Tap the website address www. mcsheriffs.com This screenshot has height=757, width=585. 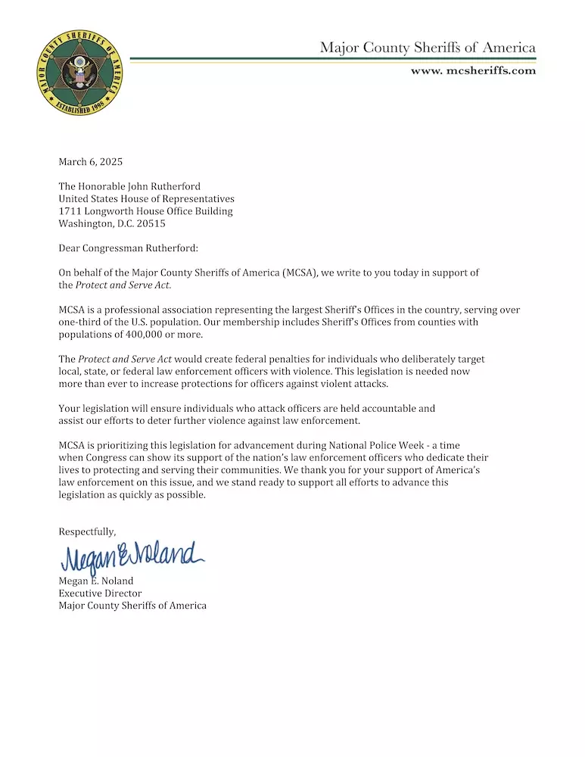click(473, 71)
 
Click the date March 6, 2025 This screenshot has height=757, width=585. click(91, 162)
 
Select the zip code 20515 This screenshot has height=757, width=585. click(151, 223)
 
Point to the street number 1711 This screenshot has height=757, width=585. click(70, 211)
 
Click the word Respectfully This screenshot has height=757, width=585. click(87, 532)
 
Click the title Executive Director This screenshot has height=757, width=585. click(100, 593)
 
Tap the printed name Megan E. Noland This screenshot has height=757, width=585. click(96, 581)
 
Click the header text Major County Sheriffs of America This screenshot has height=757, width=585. click(428, 48)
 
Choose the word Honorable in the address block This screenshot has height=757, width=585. click(103, 186)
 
